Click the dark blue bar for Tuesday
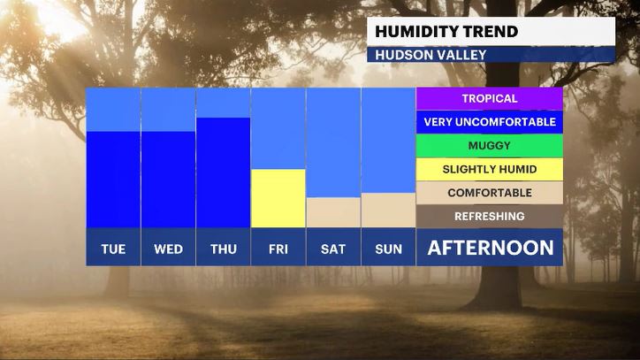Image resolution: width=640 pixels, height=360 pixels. (x=113, y=180)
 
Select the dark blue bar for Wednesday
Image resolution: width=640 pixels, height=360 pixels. (x=168, y=180)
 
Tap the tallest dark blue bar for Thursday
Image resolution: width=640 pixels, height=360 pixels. (x=224, y=172)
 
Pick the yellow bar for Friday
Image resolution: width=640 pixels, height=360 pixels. (x=278, y=198)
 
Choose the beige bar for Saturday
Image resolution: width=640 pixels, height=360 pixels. (x=333, y=212)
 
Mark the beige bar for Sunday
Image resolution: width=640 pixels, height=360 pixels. (x=388, y=210)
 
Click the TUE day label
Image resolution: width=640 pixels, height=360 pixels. (x=113, y=249)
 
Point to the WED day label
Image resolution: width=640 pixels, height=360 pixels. (x=168, y=249)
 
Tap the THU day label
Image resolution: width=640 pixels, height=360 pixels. (x=224, y=249)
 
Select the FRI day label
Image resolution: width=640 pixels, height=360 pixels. (x=278, y=249)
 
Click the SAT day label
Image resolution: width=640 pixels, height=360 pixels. (x=333, y=249)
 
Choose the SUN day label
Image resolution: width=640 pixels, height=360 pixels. (x=388, y=249)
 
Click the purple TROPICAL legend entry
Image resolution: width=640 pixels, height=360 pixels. (x=490, y=98)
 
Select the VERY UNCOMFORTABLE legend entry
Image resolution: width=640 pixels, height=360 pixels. (x=490, y=122)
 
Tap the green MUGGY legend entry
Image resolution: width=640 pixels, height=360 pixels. (x=490, y=145)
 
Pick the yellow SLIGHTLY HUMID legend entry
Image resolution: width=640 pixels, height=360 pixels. (x=490, y=169)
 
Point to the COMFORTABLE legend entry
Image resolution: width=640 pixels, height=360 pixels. (x=490, y=193)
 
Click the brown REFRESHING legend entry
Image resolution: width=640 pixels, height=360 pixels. (x=490, y=216)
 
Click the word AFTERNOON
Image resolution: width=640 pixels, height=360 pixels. (x=491, y=248)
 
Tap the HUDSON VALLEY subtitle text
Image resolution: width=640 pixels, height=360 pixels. (x=430, y=55)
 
